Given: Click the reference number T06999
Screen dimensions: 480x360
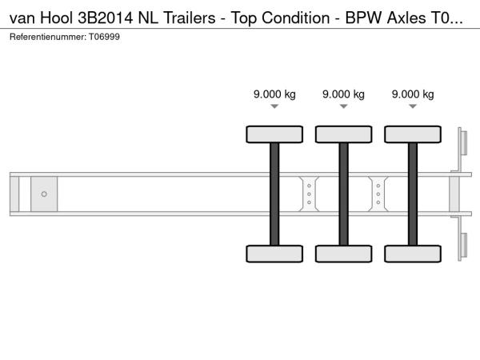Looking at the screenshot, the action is (x=104, y=37).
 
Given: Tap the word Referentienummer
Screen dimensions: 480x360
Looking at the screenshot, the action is (x=47, y=37).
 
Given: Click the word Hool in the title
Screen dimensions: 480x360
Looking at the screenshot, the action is (x=57, y=18).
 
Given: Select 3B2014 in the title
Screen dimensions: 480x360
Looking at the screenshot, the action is (x=106, y=18).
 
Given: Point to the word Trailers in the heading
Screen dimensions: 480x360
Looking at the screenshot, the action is (x=190, y=18).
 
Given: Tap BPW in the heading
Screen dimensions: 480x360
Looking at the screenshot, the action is (x=364, y=18).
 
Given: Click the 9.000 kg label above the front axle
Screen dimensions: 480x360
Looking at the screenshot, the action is (x=274, y=94).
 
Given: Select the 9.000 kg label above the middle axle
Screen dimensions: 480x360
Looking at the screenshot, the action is (x=343, y=94).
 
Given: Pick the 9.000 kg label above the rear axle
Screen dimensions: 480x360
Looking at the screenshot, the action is (x=413, y=94).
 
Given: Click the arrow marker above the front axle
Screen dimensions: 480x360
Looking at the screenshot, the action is (x=274, y=106).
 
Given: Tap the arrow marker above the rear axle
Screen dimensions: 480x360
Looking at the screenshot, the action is (x=413, y=106).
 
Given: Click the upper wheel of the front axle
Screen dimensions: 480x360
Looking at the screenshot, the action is (x=274, y=134).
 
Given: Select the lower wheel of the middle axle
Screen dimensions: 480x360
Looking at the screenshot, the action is (x=344, y=254).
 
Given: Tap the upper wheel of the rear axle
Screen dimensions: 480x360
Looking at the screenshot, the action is (x=413, y=134).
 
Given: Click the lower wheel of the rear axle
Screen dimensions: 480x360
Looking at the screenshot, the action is (x=413, y=254).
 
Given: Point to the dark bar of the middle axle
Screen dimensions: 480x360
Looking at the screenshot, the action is (x=344, y=194).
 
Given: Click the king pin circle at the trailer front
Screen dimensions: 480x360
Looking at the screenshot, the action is (x=44, y=194).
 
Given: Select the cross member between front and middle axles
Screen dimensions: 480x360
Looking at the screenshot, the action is (x=309, y=194).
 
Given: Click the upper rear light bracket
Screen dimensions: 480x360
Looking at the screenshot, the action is (x=462, y=150).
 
